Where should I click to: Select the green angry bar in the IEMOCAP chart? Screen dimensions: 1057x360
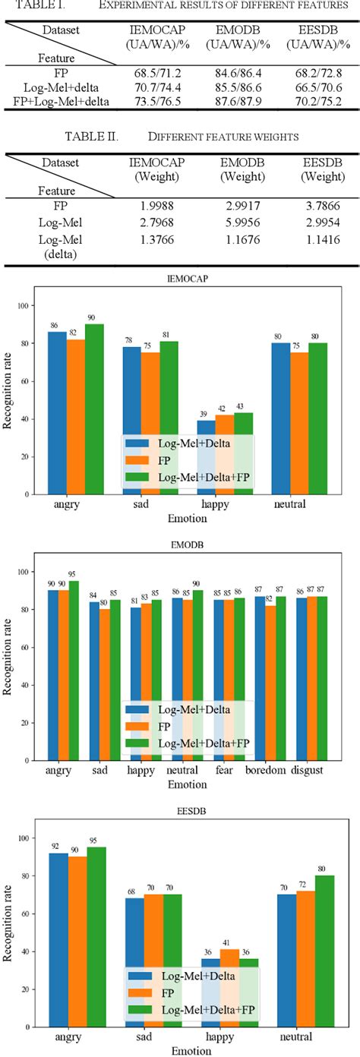click(93, 409)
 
